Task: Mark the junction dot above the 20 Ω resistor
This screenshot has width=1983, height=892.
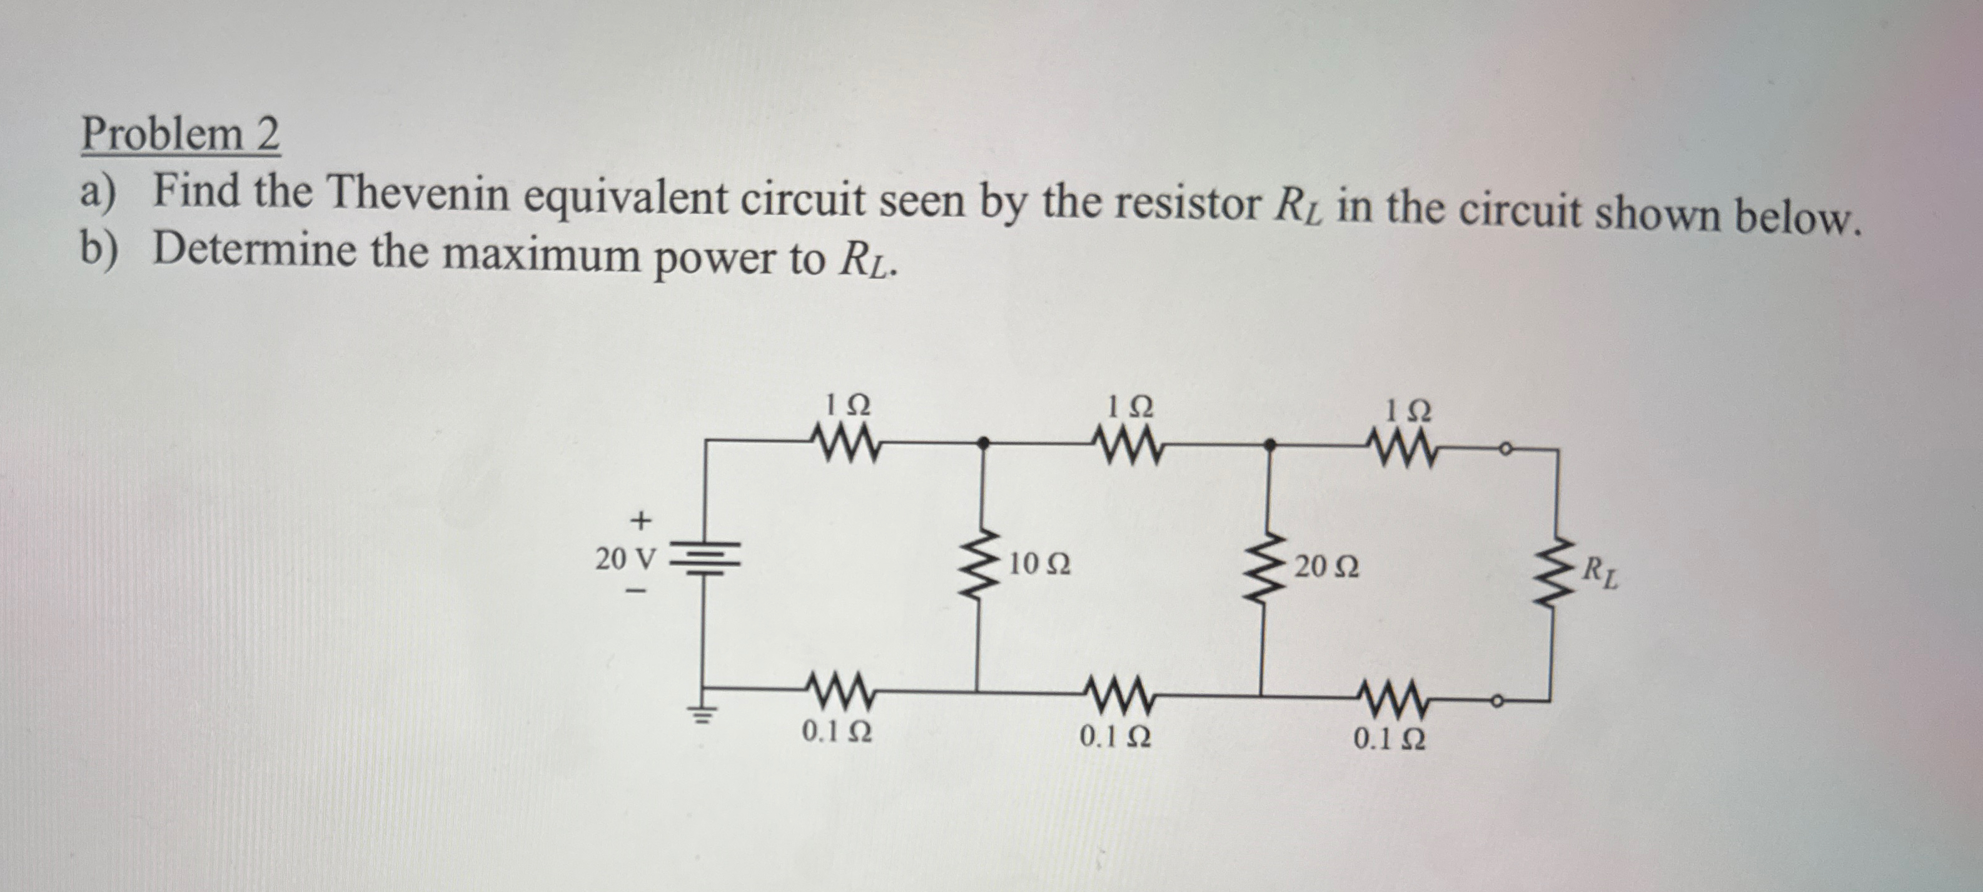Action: pyautogui.click(x=1269, y=444)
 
